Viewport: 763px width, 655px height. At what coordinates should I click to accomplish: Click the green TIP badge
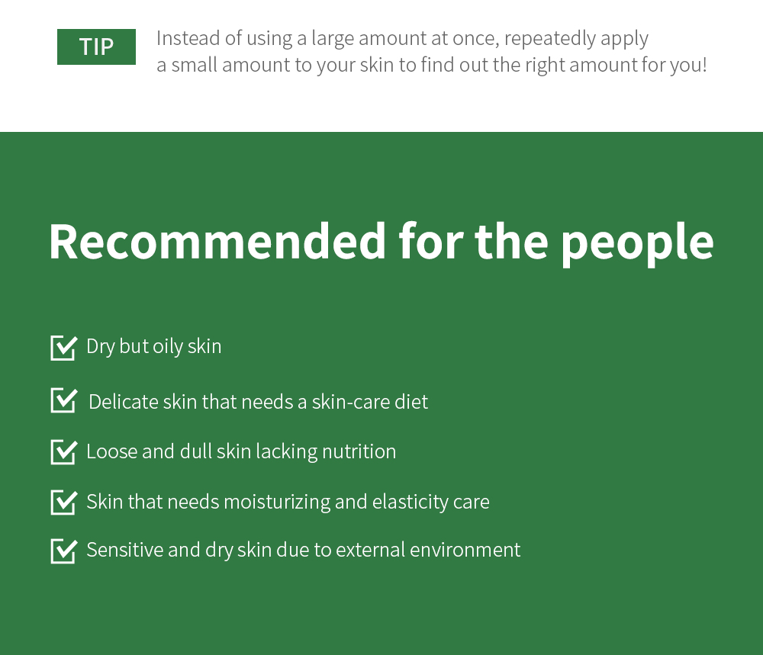point(96,47)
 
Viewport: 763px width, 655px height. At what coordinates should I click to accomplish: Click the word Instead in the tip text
point(188,38)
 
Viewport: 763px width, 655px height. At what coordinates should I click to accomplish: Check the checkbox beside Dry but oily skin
point(64,348)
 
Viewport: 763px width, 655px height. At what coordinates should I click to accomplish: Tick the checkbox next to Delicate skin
point(64,400)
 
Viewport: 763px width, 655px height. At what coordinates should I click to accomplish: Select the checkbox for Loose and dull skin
point(64,451)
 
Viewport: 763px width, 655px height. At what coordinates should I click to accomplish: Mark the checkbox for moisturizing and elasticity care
point(64,502)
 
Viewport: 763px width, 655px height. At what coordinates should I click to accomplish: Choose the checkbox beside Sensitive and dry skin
point(64,551)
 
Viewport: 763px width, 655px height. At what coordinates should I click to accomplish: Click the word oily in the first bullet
point(168,347)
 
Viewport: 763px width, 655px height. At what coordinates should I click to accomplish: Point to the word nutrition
point(359,451)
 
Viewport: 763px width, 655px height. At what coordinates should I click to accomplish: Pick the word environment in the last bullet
point(465,551)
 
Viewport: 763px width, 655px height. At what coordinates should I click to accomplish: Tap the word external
point(370,551)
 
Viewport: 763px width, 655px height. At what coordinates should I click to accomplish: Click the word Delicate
point(124,402)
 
